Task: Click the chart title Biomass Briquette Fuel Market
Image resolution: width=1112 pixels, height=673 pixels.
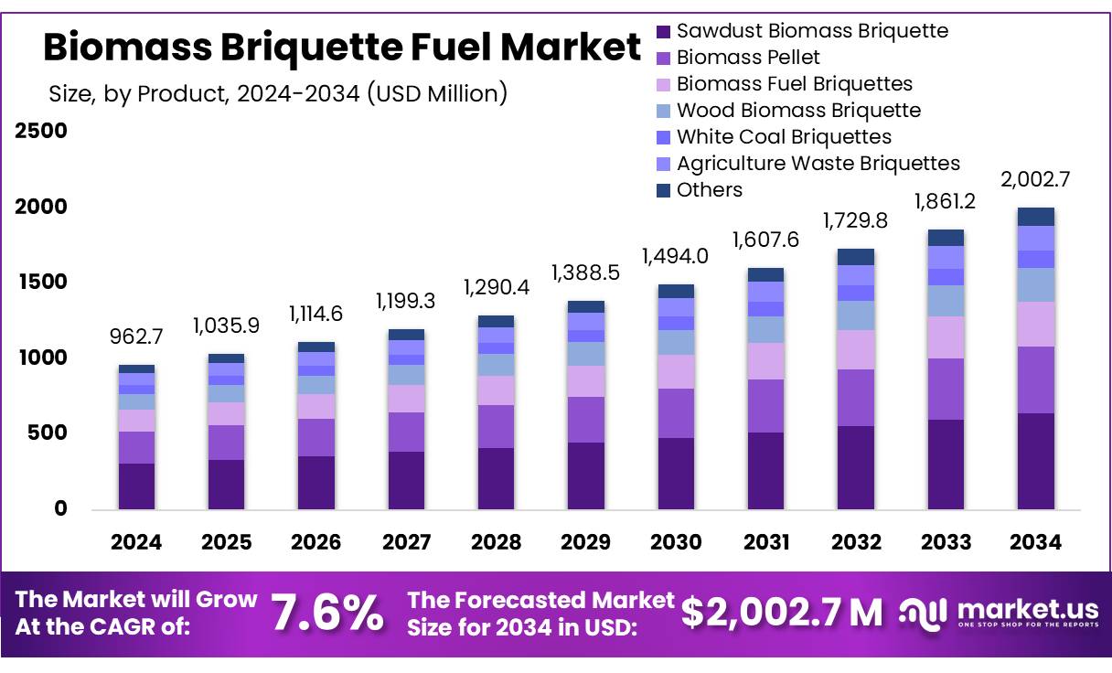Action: pos(342,48)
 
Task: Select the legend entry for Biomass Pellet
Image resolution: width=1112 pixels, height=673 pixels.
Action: pos(748,58)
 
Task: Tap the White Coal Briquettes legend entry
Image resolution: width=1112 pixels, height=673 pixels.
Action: pos(784,137)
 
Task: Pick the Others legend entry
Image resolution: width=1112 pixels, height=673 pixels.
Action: pos(710,190)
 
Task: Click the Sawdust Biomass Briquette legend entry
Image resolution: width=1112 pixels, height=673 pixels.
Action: pos(812,31)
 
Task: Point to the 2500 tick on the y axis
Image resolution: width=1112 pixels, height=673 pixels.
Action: pos(41,132)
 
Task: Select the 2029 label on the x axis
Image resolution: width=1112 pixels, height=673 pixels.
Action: pos(585,542)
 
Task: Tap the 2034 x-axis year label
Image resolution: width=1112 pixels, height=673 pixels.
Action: pos(1035,542)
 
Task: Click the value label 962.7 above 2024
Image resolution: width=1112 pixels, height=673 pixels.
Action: pos(137,337)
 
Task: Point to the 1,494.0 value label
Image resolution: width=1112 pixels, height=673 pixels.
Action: pos(676,256)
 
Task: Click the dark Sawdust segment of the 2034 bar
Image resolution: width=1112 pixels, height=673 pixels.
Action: pos(1035,461)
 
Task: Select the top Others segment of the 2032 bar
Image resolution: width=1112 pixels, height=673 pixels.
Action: pos(856,257)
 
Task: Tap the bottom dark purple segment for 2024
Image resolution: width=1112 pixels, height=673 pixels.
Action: pos(137,486)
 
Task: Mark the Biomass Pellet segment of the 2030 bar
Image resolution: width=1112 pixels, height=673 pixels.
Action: pos(676,413)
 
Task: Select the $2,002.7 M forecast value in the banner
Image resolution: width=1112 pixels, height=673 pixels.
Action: pos(782,613)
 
